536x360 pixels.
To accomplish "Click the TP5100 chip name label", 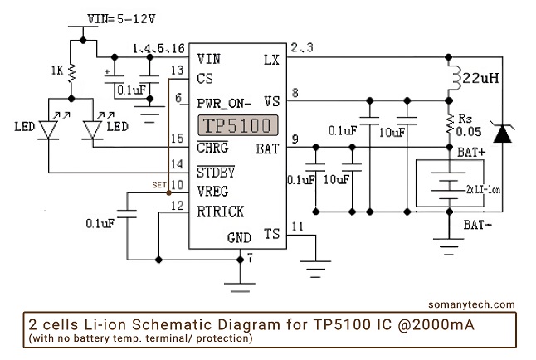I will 238,126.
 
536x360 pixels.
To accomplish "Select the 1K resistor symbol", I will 72,73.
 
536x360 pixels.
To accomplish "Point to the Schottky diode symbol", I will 502,133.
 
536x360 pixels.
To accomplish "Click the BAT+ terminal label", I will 471,153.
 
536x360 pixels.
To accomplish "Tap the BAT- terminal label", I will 480,224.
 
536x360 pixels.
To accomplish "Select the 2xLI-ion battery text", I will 482,188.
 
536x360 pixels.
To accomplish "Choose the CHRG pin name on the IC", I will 216,148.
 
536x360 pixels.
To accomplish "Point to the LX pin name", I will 271,59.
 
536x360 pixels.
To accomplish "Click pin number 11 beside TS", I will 297,226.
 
